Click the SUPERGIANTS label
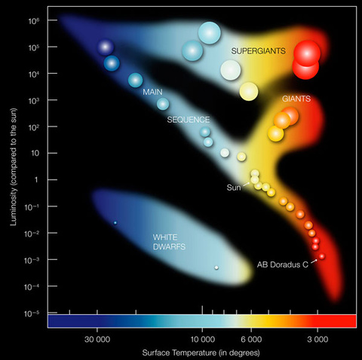(259, 50)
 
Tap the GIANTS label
(296, 99)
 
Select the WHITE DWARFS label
(167, 242)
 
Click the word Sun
(233, 187)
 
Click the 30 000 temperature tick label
(100, 340)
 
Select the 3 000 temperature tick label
(317, 340)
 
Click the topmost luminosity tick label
(32, 20)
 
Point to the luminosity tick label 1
(35, 179)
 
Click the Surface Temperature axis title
(201, 352)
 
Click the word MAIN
(153, 91)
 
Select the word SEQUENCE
(189, 120)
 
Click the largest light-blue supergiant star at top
(210, 32)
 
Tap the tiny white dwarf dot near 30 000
(115, 223)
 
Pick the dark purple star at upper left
(105, 47)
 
